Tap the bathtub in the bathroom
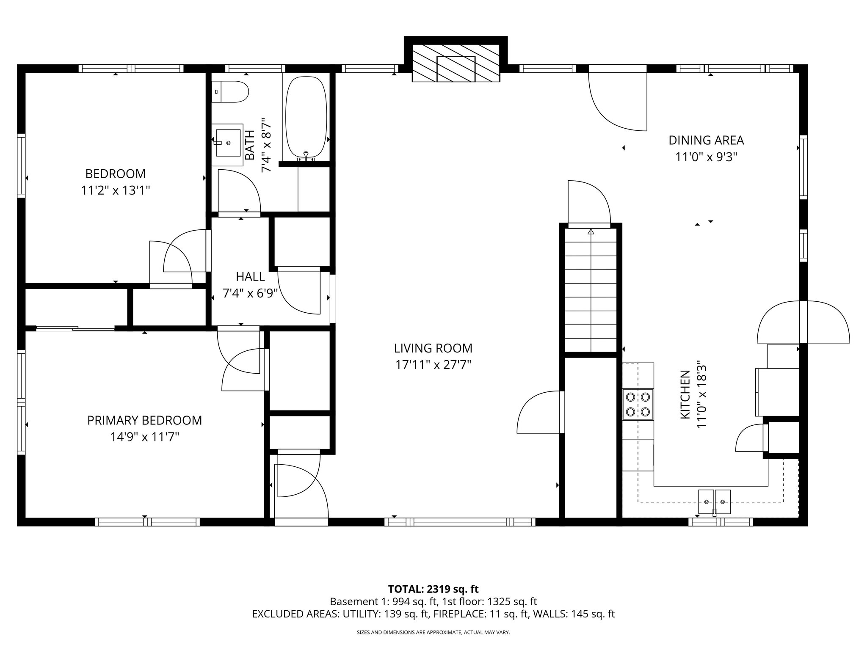tap(306, 119)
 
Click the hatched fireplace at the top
tap(456, 63)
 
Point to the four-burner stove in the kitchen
tap(638, 404)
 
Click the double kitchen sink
tap(714, 501)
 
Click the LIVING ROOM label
tap(433, 348)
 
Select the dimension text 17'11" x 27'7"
tap(433, 365)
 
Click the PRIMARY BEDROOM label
tap(144, 420)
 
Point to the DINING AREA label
tap(706, 140)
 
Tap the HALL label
tap(250, 276)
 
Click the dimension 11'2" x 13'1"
tap(116, 190)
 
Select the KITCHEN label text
tap(685, 394)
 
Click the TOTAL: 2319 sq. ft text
tap(433, 589)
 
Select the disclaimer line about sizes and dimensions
tap(433, 633)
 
